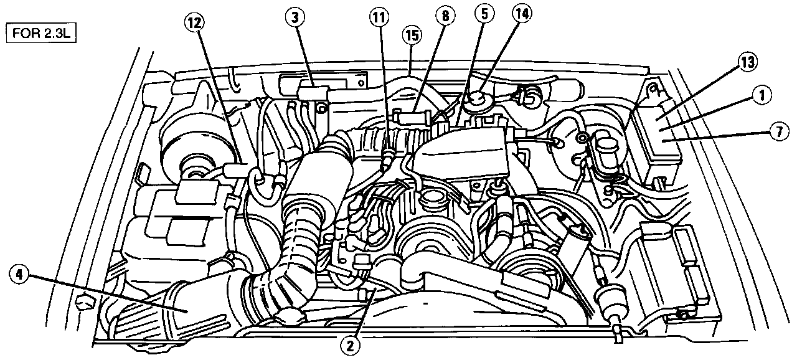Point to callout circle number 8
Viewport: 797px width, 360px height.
(445, 18)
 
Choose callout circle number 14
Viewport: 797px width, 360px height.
(522, 14)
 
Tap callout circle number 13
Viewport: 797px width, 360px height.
(748, 62)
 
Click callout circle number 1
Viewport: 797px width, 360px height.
(762, 95)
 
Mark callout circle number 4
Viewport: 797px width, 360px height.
(20, 275)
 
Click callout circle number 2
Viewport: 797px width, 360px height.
(351, 343)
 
